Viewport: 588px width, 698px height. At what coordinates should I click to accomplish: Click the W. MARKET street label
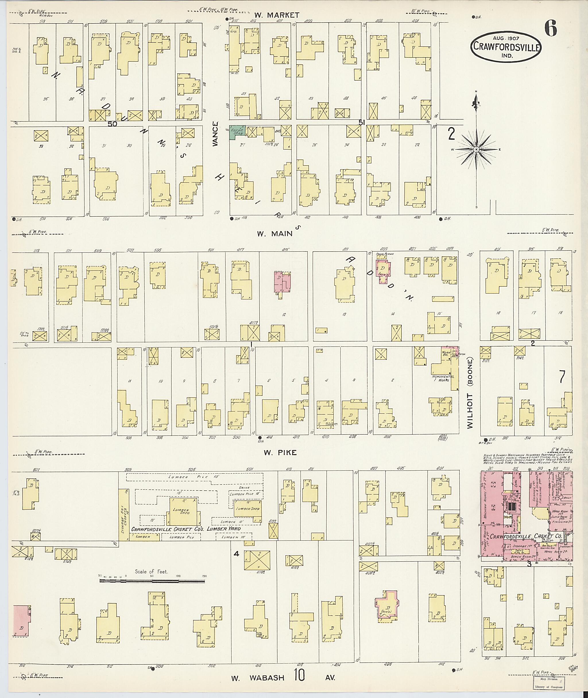(x=277, y=15)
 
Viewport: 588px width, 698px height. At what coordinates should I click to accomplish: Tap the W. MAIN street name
(x=274, y=234)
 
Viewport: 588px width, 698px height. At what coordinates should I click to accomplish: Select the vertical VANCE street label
(x=215, y=133)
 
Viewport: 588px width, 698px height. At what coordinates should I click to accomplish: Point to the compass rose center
(x=476, y=149)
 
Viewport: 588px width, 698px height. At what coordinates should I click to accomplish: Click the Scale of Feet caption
(x=151, y=572)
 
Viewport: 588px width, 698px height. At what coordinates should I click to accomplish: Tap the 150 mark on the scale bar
(x=204, y=576)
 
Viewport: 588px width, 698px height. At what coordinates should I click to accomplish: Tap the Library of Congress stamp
(x=548, y=683)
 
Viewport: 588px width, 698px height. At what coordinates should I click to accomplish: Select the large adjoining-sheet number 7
(x=562, y=377)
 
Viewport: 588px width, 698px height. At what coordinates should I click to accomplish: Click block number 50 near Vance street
(x=112, y=124)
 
